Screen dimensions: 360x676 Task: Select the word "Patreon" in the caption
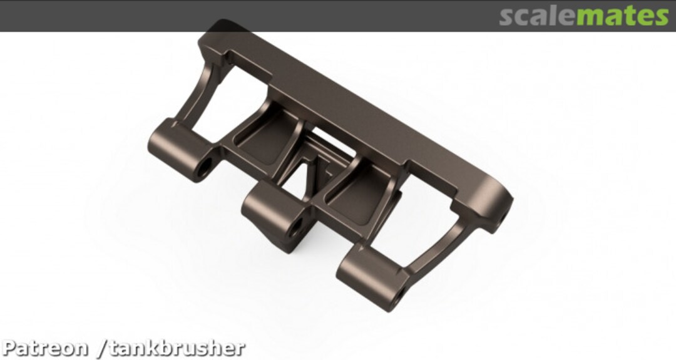[45, 348]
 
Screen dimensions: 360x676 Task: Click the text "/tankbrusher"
[172, 348]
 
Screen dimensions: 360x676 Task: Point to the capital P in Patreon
[10, 348]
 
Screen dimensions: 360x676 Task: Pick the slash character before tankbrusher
[103, 348]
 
